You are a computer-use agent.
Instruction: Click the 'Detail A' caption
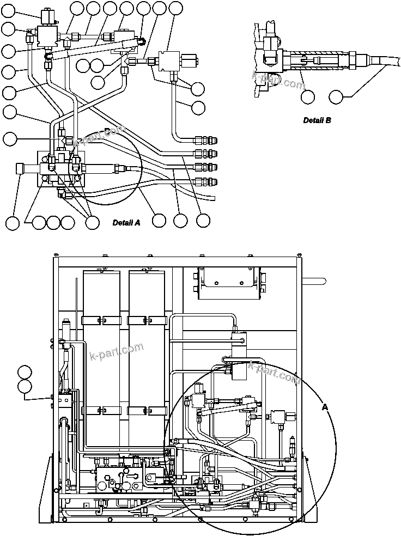pos(126,222)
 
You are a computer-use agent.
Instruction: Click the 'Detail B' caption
pos(317,120)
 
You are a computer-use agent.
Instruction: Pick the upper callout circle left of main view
pos(25,373)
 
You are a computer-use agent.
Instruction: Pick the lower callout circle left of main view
pos(25,387)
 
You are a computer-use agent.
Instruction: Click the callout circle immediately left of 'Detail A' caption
pos(92,222)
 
